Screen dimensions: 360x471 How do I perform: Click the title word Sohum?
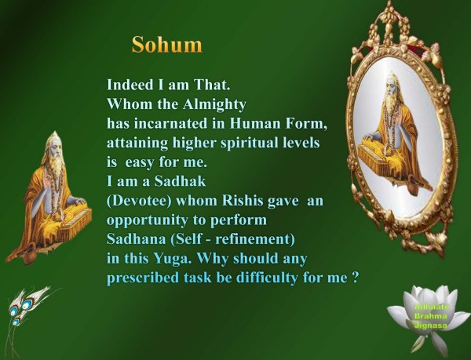point(166,44)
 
